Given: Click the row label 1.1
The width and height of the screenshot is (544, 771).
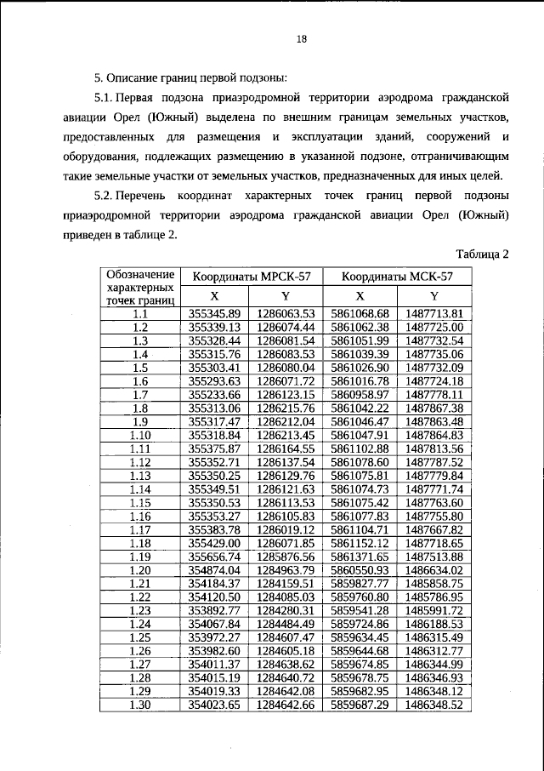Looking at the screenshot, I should pos(140,314).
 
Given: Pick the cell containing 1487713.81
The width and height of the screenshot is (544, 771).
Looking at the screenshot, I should pos(433,314).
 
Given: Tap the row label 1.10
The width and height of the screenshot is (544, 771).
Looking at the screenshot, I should pos(140,435).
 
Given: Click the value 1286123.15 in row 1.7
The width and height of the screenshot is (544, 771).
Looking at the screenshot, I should pos(286,395).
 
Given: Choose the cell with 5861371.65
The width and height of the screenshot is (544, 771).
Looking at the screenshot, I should pos(360,556).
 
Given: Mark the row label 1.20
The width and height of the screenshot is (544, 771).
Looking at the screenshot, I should pos(140,569).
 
